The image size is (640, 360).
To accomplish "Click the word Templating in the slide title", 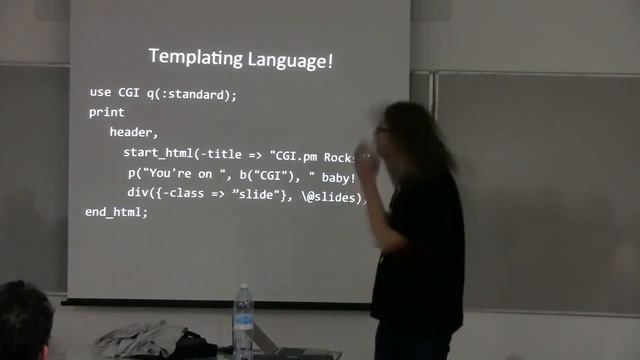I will pos(187,57).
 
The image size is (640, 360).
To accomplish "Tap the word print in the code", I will pos(107,112).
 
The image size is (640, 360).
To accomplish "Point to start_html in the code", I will pos(159,152).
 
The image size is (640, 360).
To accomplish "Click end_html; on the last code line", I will pos(116,212).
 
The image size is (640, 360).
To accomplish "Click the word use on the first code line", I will pos(100,93).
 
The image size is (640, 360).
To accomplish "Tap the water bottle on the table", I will pos(243,322).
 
